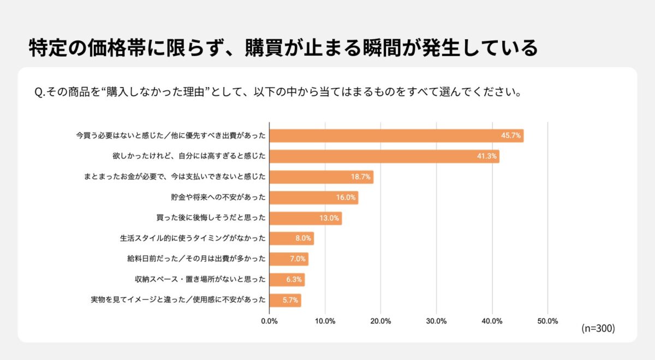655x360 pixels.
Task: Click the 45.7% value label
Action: [x=511, y=136]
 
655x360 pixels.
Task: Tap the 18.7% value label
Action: [x=361, y=177]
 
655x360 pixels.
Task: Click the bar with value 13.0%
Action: [x=306, y=218]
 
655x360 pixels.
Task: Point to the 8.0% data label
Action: [x=303, y=238]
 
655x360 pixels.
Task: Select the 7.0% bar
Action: [x=289, y=259]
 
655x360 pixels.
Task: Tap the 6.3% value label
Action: [x=294, y=280]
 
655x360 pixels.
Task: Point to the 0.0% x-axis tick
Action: [x=270, y=321]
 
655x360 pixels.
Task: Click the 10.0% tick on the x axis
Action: [x=325, y=321]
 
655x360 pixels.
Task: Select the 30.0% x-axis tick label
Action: [x=436, y=321]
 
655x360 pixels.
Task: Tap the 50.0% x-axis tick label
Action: [x=547, y=321]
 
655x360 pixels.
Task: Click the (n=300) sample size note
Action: [x=598, y=328]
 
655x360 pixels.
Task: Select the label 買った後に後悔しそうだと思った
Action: [x=212, y=218]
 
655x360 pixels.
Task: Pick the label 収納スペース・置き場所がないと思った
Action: [x=200, y=280]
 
